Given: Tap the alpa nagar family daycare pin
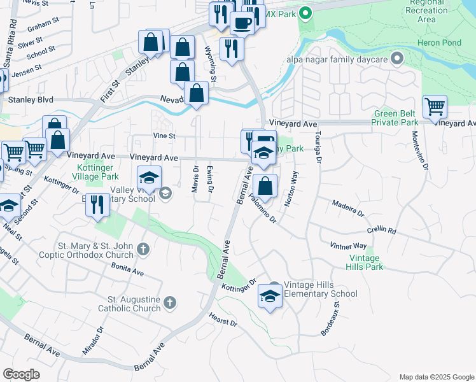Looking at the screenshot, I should pos(397,59).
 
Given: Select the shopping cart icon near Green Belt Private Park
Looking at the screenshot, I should pos(435,106).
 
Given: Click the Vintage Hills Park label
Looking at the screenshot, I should pos(365,262).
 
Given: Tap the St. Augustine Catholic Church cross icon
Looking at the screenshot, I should pos(169,302).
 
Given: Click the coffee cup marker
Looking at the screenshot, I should pos(241,24).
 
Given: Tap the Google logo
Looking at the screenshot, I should pos(21,374).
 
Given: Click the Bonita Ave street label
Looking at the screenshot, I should pos(127,270).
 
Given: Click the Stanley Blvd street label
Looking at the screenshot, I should pos(31,100).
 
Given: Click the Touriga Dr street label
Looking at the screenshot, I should pos(316,147).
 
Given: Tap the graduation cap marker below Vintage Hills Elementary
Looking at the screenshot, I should pos(270,297).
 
